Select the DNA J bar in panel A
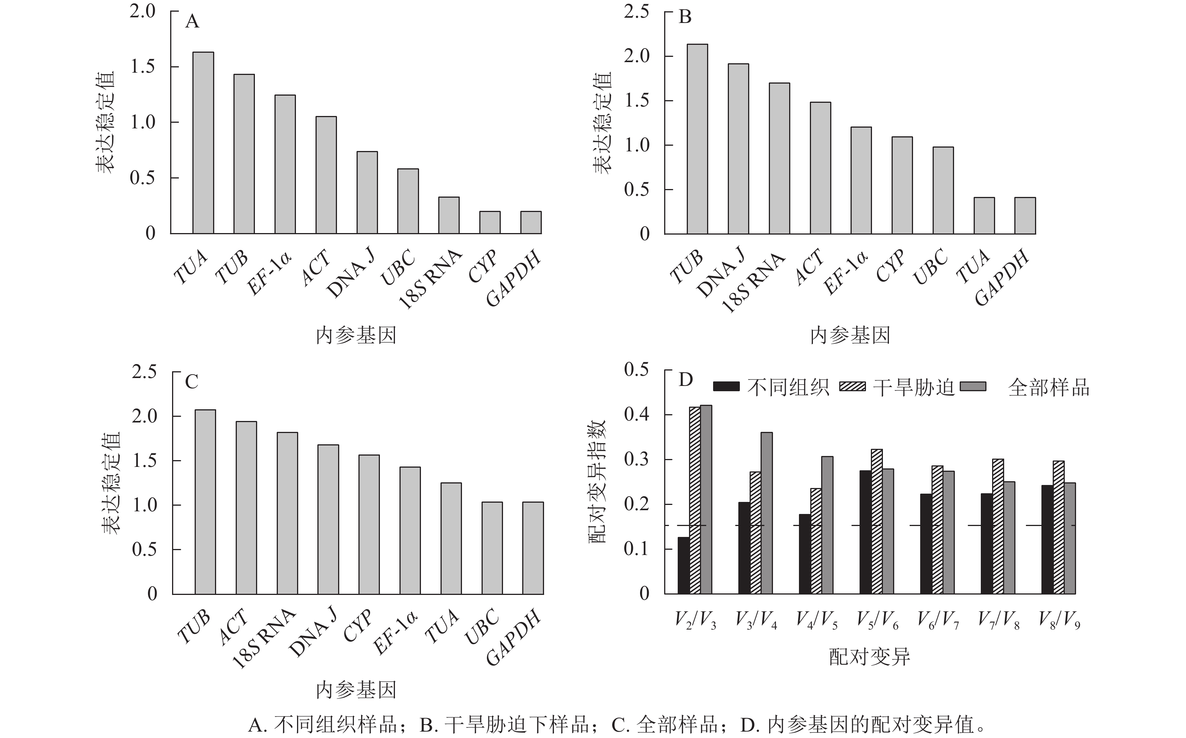coord(367,192)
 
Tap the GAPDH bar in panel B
coord(1025,216)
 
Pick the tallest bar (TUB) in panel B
coord(697,139)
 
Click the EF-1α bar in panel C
coord(410,531)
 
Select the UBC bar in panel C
coord(492,548)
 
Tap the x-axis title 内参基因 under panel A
coord(356,336)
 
